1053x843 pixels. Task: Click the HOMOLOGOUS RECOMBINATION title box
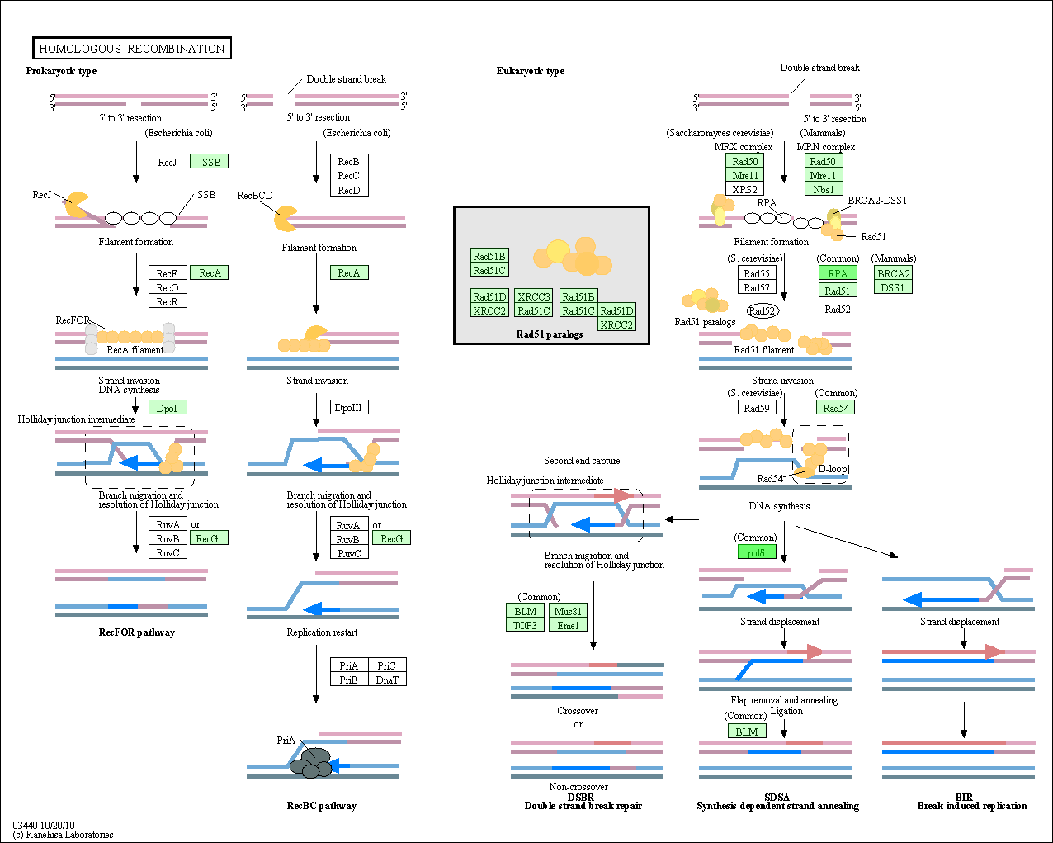pyautogui.click(x=132, y=48)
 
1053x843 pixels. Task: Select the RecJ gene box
pyautogui.click(x=168, y=162)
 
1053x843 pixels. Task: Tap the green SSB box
pyautogui.click(x=210, y=162)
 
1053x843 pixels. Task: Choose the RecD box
pyautogui.click(x=349, y=190)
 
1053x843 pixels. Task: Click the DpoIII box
pyautogui.click(x=349, y=407)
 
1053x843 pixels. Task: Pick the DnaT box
pyautogui.click(x=387, y=680)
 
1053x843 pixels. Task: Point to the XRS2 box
pyautogui.click(x=744, y=189)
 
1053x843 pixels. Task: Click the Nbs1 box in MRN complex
pyautogui.click(x=824, y=189)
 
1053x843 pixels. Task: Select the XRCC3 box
pyautogui.click(x=534, y=296)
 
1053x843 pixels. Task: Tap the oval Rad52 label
pyautogui.click(x=763, y=310)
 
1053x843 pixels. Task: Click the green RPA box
pyautogui.click(x=838, y=272)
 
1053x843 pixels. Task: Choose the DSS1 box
pyautogui.click(x=893, y=287)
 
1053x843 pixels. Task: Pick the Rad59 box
pyautogui.click(x=757, y=407)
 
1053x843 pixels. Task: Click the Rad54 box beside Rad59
pyautogui.click(x=836, y=407)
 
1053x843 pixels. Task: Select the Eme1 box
pyautogui.click(x=568, y=625)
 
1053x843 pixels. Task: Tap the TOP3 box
pyautogui.click(x=525, y=625)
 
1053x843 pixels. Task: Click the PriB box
pyautogui.click(x=349, y=680)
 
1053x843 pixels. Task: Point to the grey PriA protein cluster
pyautogui.click(x=311, y=763)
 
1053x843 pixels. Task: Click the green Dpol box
pyautogui.click(x=168, y=407)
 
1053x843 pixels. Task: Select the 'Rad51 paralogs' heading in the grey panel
pyautogui.click(x=550, y=334)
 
